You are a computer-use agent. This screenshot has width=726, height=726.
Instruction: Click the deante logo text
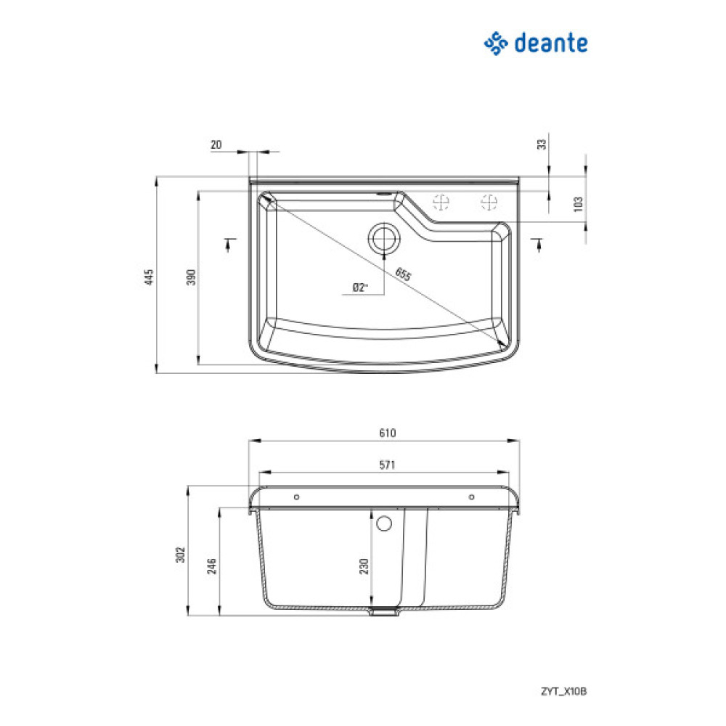pyautogui.click(x=550, y=44)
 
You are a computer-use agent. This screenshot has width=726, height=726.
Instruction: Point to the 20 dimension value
pyautogui.click(x=216, y=144)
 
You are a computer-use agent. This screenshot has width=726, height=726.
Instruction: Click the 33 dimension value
pyautogui.click(x=540, y=144)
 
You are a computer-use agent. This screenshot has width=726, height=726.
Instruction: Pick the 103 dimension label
pyautogui.click(x=578, y=203)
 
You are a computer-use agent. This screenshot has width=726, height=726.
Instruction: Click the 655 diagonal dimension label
pyautogui.click(x=403, y=274)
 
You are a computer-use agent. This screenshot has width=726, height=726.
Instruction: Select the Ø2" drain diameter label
pyautogui.click(x=359, y=287)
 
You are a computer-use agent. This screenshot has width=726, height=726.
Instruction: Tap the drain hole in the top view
pyautogui.click(x=383, y=237)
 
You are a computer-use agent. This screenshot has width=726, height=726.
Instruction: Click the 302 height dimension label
pyautogui.click(x=182, y=554)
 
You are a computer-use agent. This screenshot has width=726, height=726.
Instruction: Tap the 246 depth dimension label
pyautogui.click(x=212, y=566)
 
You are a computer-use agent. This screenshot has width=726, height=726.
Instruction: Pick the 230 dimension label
pyautogui.click(x=364, y=566)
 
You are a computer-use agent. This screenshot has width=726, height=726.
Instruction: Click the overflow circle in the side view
pyautogui.click(x=384, y=523)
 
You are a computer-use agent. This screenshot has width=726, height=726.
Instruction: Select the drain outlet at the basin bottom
pyautogui.click(x=384, y=611)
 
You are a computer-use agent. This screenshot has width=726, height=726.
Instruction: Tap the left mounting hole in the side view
pyautogui.click(x=296, y=497)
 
